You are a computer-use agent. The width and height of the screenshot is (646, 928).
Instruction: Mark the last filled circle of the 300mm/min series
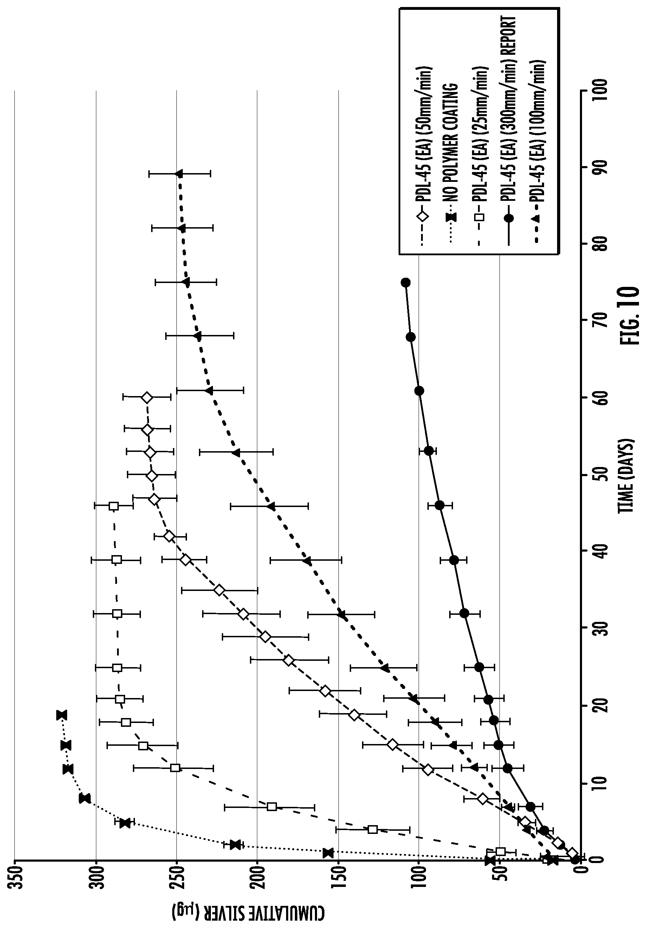tap(405, 283)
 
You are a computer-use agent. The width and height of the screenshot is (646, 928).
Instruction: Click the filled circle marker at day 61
tap(419, 390)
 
